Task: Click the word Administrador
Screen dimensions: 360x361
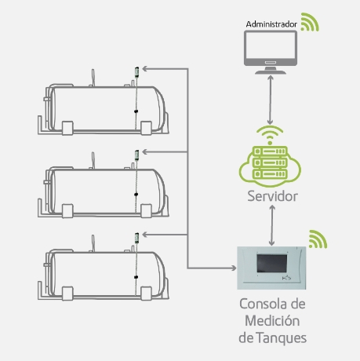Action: pyautogui.click(x=271, y=24)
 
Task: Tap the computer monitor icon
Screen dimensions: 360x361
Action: pyautogui.click(x=271, y=52)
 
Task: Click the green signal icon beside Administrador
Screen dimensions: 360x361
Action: pyautogui.click(x=310, y=22)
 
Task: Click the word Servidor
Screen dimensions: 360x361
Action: pyautogui.click(x=272, y=196)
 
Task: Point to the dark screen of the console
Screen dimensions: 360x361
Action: pyautogui.click(x=272, y=263)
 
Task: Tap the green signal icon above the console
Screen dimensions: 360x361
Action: pyautogui.click(x=318, y=239)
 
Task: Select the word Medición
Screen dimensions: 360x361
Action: pyautogui.click(x=272, y=320)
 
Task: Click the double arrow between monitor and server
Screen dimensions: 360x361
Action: pyautogui.click(x=271, y=100)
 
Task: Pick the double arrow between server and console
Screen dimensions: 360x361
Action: pyautogui.click(x=272, y=225)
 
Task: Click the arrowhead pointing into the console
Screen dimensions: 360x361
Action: pyautogui.click(x=233, y=268)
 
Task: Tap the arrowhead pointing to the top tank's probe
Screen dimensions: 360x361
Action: pyautogui.click(x=145, y=69)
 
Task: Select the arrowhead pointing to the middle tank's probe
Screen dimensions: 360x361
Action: pyautogui.click(x=145, y=151)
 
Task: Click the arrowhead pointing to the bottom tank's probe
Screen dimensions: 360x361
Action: pyautogui.click(x=145, y=235)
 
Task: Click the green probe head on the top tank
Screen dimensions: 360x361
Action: pyautogui.click(x=136, y=72)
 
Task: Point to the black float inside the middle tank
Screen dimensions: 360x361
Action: pyautogui.click(x=136, y=194)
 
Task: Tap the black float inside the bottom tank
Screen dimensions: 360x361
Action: pyautogui.click(x=136, y=277)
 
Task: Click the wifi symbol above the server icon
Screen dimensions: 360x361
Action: pyautogui.click(x=270, y=135)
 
